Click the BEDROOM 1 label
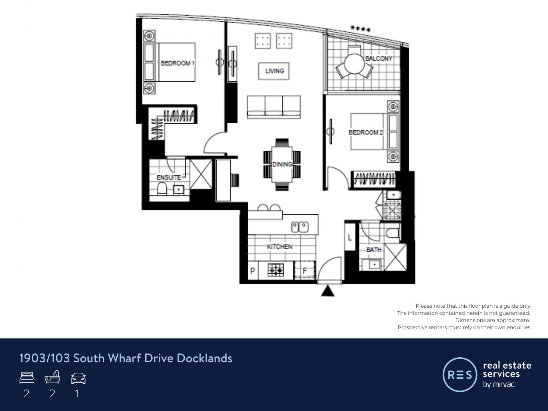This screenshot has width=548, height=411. coord(178,63)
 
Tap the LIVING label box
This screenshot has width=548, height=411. coord(274,71)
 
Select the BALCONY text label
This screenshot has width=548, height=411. coord(379,59)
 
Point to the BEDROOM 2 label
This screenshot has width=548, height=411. coord(366,132)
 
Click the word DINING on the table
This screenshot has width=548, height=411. coord(282,164)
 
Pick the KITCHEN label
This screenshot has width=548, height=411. coord(280,247)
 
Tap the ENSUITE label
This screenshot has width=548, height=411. coord(169,177)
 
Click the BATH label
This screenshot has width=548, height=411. coord(374,250)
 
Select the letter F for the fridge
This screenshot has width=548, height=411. coord(305,271)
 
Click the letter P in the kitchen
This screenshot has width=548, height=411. coord(253,271)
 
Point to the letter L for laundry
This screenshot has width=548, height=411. coord(350,237)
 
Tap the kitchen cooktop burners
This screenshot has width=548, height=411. coord(276,270)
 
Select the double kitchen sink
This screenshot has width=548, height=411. coord(300,227)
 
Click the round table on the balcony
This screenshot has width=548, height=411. coord(354,64)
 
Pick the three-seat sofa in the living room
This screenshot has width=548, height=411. coord(274,107)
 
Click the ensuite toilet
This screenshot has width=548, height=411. coord(162,189)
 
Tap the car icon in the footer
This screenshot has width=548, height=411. coord(78,378)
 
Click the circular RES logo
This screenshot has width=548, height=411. coord(460,374)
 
